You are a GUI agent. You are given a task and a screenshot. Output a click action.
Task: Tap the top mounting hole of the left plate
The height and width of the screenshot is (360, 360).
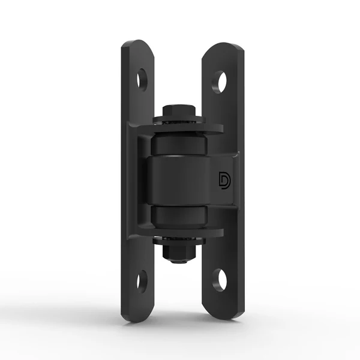[142, 78]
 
